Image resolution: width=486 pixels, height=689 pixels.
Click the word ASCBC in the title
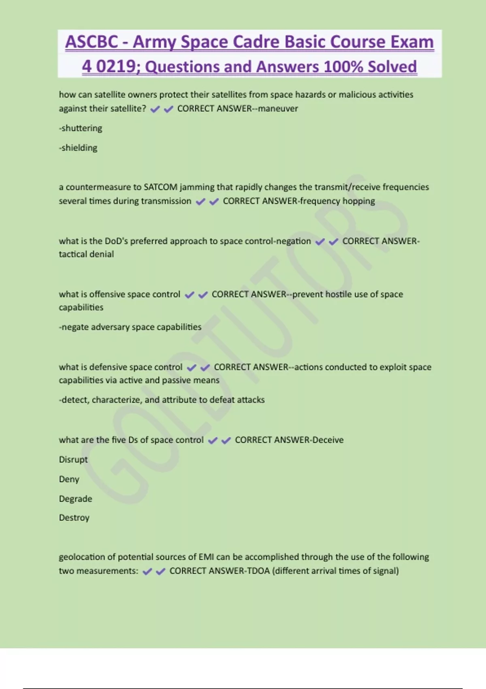[92, 42]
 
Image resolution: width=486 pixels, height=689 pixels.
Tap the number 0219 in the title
[118, 66]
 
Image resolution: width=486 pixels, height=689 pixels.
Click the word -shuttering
[81, 128]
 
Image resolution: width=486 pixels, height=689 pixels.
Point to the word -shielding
[78, 148]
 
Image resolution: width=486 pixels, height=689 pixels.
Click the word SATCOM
[160, 187]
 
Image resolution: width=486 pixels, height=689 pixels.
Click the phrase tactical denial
[86, 254]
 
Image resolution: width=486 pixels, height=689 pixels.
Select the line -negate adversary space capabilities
[130, 327]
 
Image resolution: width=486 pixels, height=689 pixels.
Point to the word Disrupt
[73, 460]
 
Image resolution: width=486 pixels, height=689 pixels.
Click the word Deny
[69, 479]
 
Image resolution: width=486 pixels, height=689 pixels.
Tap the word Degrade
[75, 499]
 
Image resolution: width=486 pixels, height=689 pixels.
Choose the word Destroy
[74, 518]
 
